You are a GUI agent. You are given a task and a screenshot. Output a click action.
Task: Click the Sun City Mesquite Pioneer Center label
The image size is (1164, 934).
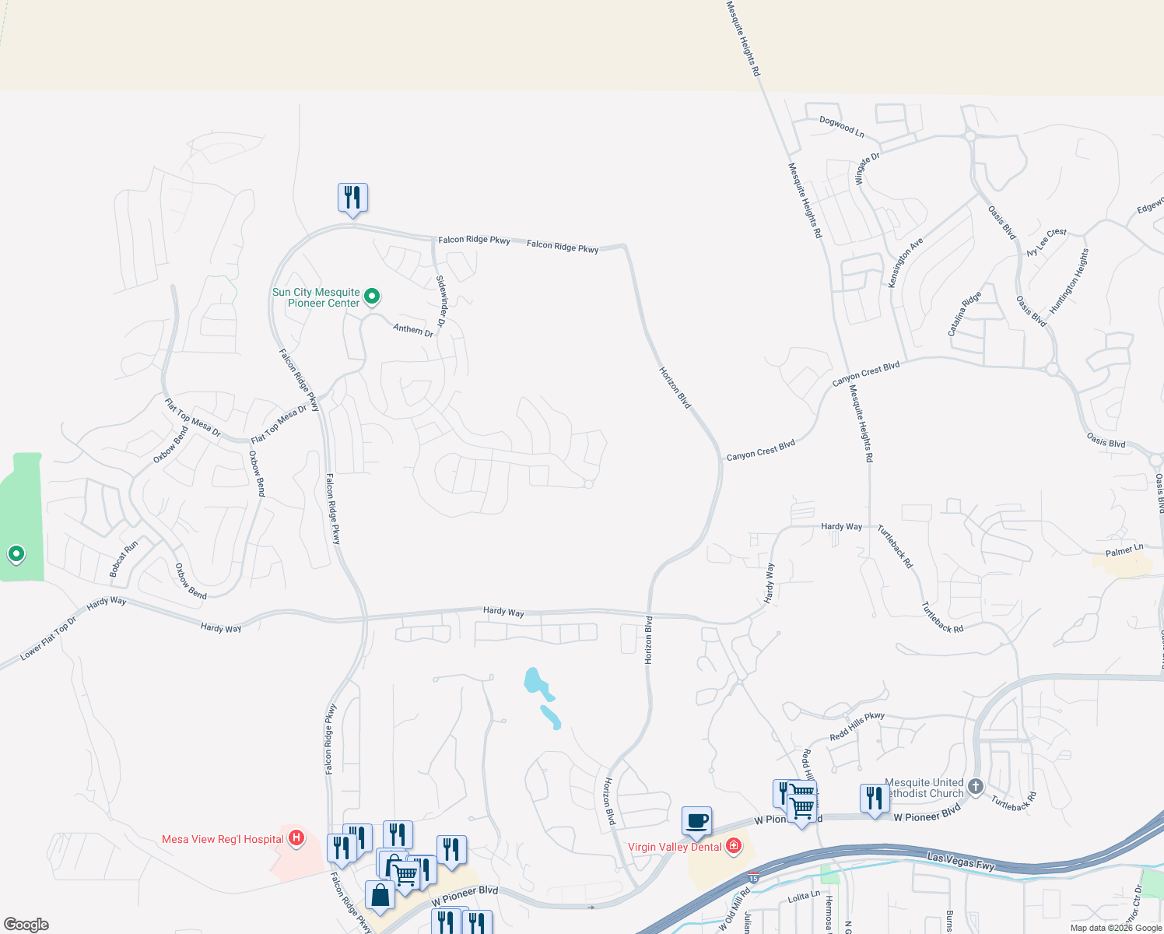point(316,298)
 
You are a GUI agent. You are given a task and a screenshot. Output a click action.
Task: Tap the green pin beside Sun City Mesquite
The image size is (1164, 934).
point(372,296)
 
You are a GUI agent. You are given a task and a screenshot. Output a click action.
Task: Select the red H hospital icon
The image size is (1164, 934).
point(296,838)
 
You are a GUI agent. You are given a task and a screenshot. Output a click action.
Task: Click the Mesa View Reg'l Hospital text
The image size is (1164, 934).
point(223,839)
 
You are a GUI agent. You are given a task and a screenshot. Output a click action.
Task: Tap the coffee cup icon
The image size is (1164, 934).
point(696,820)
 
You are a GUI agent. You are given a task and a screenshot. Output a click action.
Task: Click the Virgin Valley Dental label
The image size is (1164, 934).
point(675,847)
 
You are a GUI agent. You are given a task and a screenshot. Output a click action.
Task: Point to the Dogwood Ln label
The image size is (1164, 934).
point(842,126)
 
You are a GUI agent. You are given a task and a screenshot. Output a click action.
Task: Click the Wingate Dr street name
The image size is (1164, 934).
point(868,168)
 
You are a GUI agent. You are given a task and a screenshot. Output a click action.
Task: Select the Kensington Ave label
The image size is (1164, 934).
point(906,262)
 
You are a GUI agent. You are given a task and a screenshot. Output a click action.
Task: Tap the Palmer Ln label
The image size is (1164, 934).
point(1124,550)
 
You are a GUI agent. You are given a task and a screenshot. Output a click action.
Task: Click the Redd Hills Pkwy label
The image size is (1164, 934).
point(857,726)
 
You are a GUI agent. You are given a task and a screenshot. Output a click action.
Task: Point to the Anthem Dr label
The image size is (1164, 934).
point(413,330)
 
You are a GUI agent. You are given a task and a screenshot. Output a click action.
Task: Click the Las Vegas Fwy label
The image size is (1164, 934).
point(961,861)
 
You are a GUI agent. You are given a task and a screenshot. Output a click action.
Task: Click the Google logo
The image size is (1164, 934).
point(26,924)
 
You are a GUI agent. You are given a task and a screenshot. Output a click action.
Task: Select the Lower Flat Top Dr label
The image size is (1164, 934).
point(48,639)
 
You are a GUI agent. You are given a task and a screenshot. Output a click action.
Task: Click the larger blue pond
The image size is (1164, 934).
point(536,682)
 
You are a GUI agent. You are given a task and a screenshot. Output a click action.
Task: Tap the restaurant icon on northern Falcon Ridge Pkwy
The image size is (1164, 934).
point(352,198)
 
